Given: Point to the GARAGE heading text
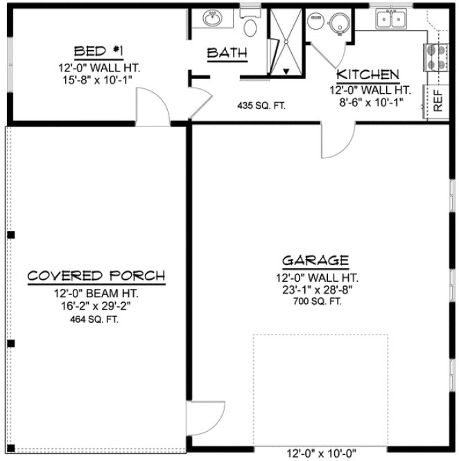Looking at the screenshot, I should (315, 261).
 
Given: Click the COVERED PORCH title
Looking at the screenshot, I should (96, 276).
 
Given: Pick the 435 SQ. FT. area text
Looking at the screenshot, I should (262, 106).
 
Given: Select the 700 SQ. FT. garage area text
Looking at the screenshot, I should (315, 302).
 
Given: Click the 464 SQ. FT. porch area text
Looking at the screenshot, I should (96, 319).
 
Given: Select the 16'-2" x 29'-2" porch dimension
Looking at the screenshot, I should (96, 305).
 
